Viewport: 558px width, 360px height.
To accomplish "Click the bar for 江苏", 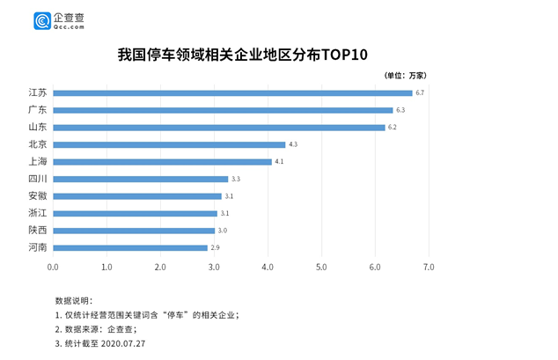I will (x=232, y=92).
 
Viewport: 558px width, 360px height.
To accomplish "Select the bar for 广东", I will (x=223, y=110).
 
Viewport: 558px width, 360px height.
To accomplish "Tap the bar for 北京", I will (x=169, y=144).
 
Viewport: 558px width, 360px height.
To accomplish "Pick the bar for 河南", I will (x=130, y=247).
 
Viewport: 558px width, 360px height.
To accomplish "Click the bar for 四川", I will (x=141, y=179).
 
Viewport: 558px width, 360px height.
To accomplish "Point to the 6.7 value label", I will (x=421, y=92).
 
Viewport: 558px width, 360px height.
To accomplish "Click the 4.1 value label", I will (x=279, y=162).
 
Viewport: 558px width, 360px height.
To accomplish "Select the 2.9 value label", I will (x=215, y=247).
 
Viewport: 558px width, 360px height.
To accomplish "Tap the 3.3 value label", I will (x=236, y=179).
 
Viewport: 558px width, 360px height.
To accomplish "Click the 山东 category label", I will (x=37, y=127).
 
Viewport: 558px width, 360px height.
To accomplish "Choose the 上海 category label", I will (x=37, y=162).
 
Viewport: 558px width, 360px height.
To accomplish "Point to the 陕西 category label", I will (x=37, y=230).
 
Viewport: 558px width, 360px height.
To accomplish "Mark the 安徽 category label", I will (x=37, y=195).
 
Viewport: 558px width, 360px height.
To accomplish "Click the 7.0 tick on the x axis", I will (x=429, y=266).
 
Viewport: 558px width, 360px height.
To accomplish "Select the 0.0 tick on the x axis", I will (x=53, y=266).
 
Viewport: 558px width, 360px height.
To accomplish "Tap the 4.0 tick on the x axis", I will (x=268, y=266).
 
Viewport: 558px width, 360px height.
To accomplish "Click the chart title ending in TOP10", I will (x=241, y=54).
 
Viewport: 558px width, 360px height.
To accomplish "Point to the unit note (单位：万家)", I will (x=406, y=75).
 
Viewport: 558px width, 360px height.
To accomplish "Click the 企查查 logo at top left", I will (x=59, y=20).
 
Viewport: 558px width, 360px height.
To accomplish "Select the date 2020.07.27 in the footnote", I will (x=127, y=343).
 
